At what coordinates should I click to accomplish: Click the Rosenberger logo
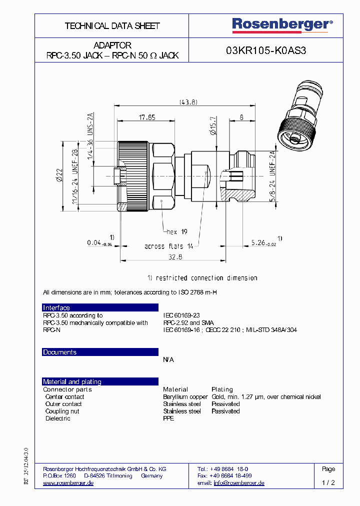(x=282, y=24)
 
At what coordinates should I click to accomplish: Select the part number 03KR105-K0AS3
(x=266, y=50)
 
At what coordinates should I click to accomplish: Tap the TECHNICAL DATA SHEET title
(x=112, y=25)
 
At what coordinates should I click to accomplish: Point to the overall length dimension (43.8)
(x=188, y=102)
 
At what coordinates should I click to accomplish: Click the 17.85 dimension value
(x=146, y=117)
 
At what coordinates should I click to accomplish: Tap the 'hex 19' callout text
(x=176, y=231)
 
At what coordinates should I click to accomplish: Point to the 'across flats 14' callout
(x=168, y=246)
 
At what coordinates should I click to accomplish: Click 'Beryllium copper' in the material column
(x=185, y=397)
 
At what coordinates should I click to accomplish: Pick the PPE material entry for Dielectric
(x=168, y=418)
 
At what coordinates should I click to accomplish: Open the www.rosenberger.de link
(x=68, y=483)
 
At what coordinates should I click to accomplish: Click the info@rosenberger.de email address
(x=238, y=483)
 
